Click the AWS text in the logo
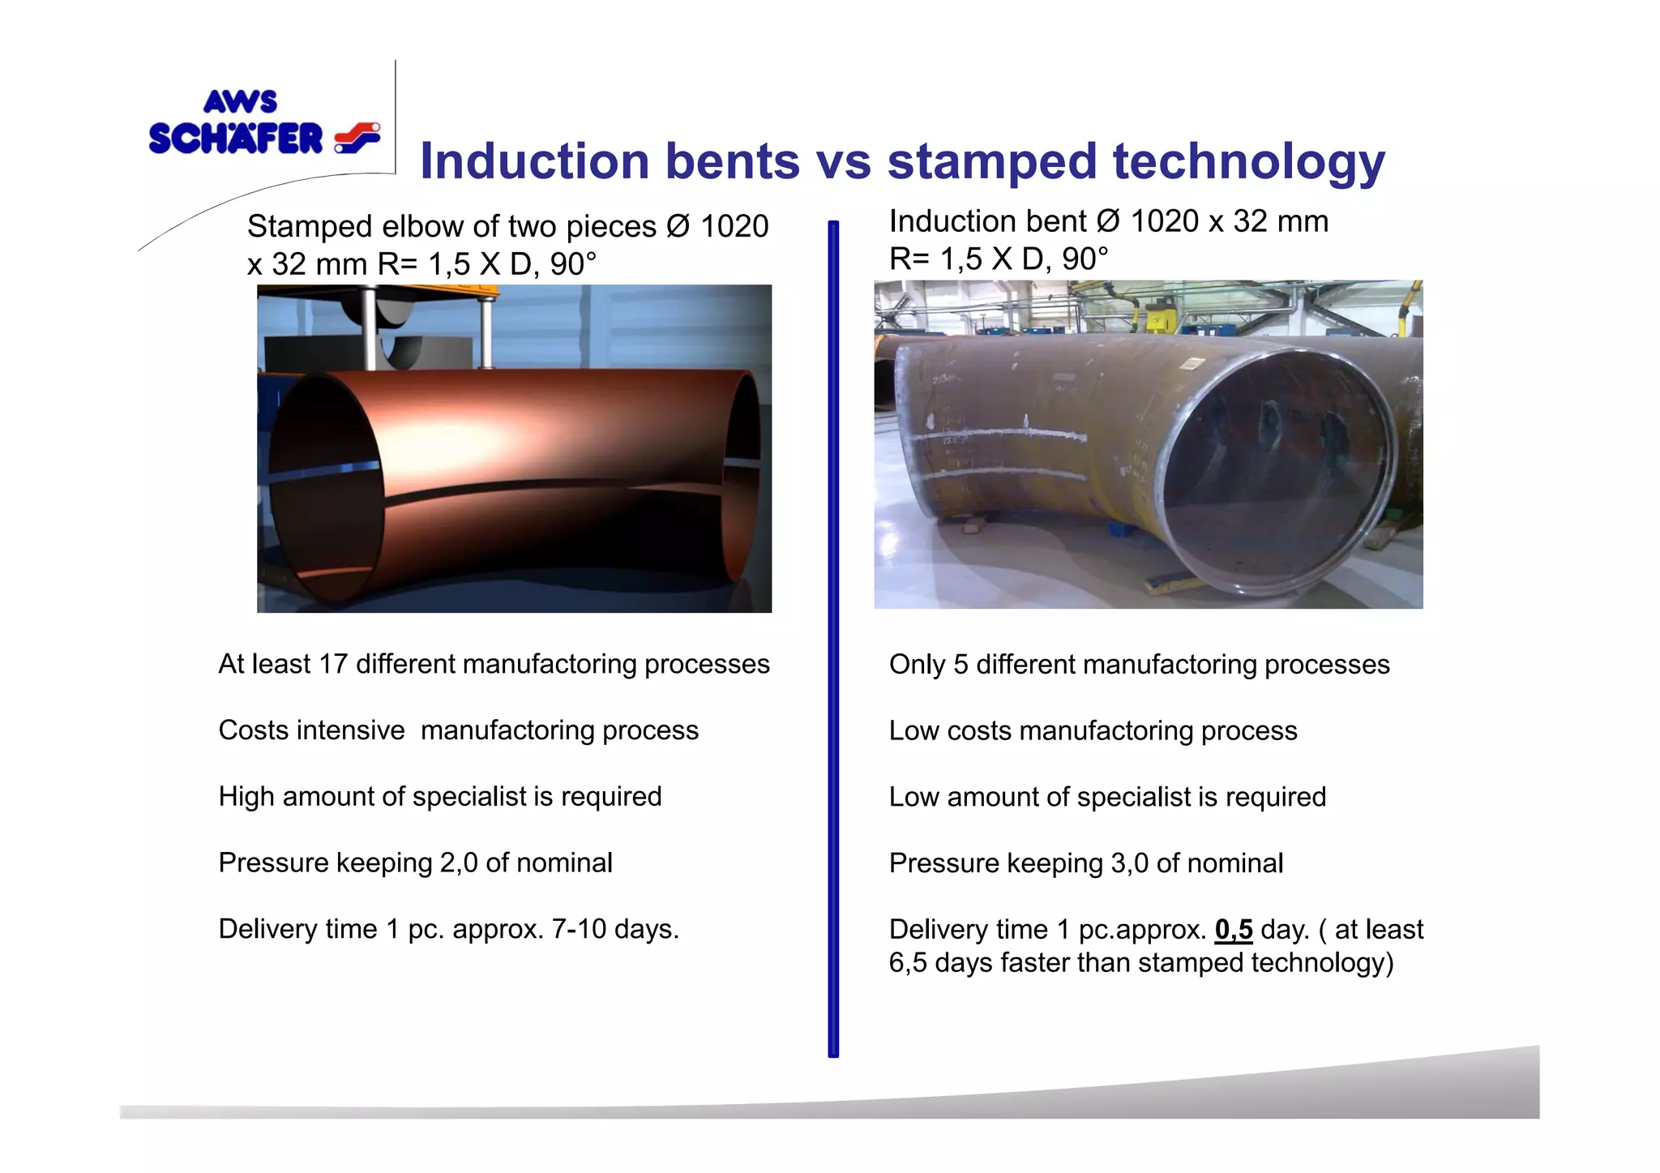(240, 102)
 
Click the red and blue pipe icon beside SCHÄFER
(357, 138)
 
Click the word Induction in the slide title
(534, 161)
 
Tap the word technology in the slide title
(1248, 161)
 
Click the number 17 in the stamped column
(332, 664)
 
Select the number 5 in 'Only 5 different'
(960, 665)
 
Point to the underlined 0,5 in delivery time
(1233, 929)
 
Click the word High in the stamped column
(246, 797)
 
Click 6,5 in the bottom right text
(907, 963)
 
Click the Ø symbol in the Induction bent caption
(1108, 221)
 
